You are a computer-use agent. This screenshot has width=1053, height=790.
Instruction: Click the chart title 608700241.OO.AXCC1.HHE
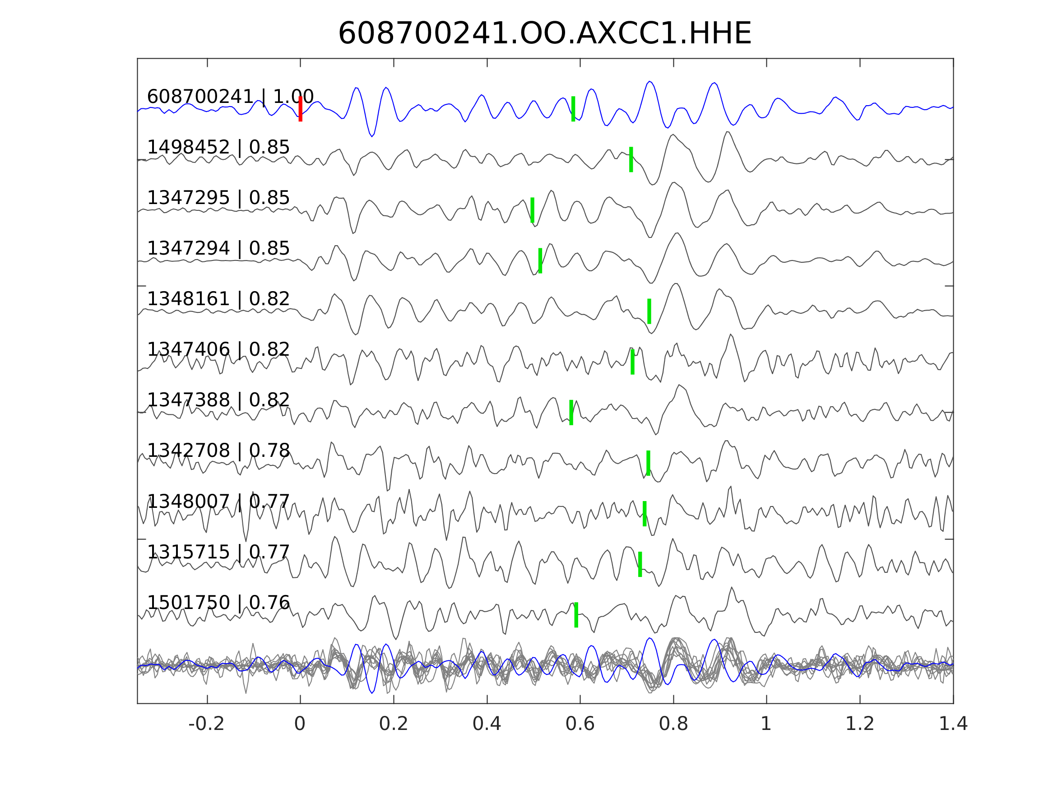[x=544, y=34]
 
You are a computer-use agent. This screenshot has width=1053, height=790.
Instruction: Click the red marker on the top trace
[x=301, y=109]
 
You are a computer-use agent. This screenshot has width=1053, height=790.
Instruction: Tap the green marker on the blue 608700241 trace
[x=573, y=109]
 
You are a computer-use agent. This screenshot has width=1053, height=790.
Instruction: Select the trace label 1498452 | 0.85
[x=218, y=148]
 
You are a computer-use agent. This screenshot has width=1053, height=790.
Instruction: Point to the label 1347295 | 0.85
[x=218, y=198]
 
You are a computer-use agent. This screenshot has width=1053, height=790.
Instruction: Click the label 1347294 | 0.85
[x=218, y=249]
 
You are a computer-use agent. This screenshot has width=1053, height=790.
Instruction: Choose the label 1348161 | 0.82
[x=218, y=299]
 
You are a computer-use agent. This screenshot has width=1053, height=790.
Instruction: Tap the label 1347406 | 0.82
[x=218, y=349]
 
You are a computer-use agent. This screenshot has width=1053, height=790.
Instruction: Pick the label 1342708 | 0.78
[x=218, y=451]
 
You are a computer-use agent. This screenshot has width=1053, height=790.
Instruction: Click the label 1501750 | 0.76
[x=218, y=603]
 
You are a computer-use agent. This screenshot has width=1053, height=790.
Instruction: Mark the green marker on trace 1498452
[x=631, y=159]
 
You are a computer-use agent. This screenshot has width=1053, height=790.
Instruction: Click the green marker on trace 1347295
[x=532, y=210]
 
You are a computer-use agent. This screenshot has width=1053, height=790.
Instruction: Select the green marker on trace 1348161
[x=649, y=311]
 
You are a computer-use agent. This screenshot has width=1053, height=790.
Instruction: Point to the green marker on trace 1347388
[x=571, y=413]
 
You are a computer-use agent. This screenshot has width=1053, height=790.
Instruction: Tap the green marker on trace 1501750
[x=576, y=615]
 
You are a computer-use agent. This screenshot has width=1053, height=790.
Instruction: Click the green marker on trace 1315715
[x=640, y=564]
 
